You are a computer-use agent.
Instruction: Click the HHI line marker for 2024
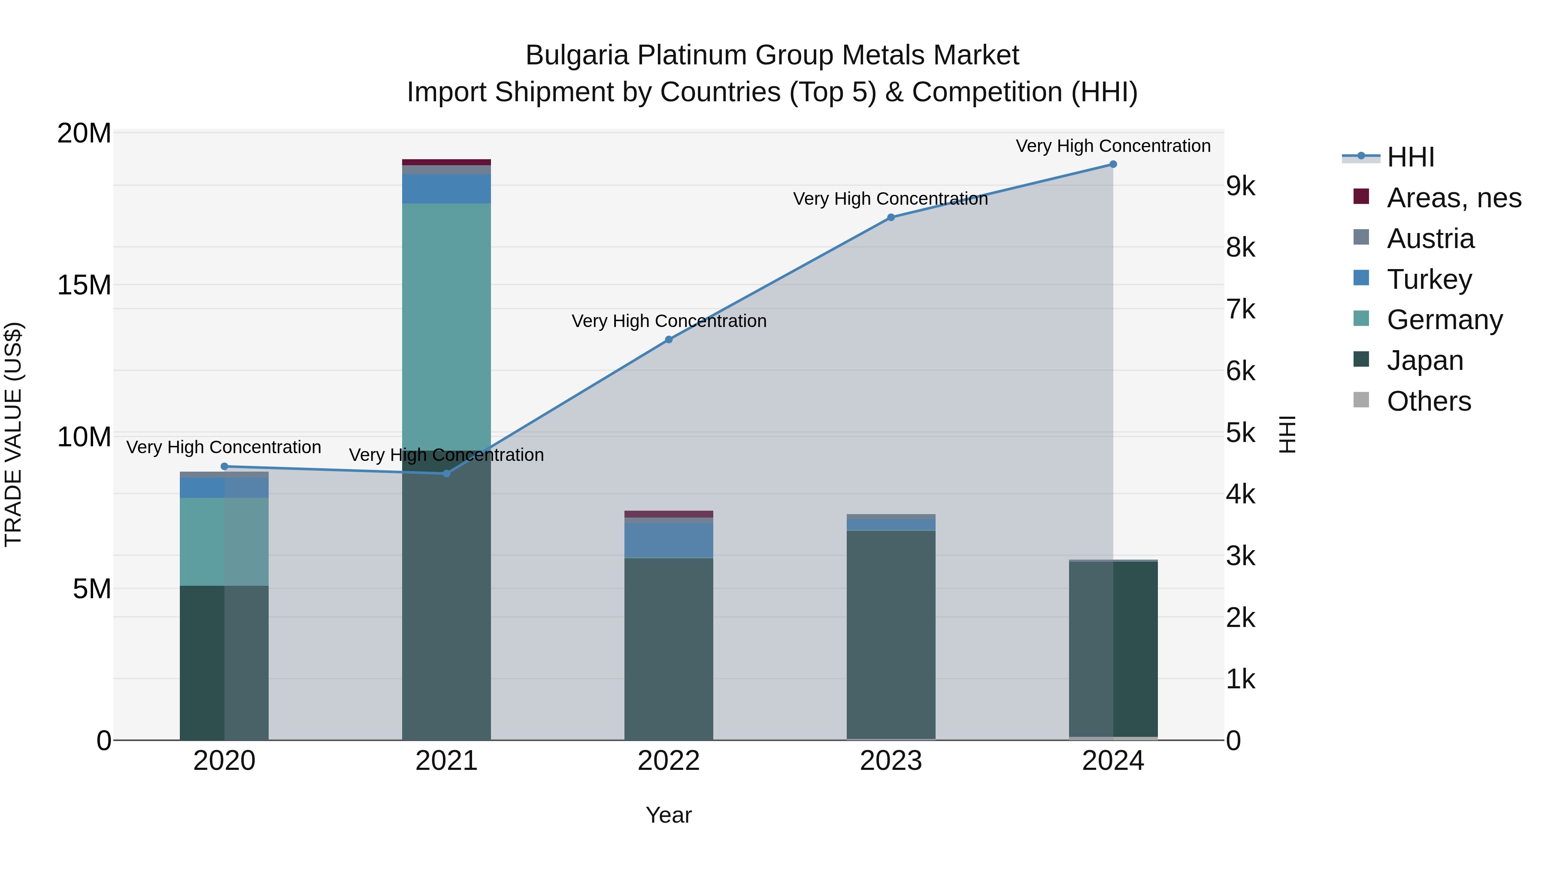pos(1113,164)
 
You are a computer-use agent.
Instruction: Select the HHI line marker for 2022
pos(669,339)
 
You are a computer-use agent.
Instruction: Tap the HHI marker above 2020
pos(224,466)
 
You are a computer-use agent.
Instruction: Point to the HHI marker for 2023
pos(891,217)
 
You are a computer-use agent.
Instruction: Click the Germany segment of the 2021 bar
pos(446,324)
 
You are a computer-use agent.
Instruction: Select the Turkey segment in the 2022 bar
pos(669,540)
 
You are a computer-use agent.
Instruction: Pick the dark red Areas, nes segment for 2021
pos(446,162)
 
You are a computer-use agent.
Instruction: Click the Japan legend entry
pos(1425,360)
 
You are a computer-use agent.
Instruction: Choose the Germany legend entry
pos(1444,320)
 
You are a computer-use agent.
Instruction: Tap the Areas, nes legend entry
pos(1454,198)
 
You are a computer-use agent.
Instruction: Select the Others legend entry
pos(1429,401)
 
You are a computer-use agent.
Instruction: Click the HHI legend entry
pos(1411,157)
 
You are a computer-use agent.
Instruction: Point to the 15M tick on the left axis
pos(84,285)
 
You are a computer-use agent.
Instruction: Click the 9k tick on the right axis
pos(1240,187)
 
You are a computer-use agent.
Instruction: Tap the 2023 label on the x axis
pos(891,761)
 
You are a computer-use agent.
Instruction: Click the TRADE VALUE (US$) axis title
pos(13,434)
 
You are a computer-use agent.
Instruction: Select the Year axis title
pos(669,815)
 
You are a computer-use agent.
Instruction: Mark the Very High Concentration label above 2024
pos(1113,146)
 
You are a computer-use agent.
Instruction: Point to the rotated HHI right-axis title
pos(1287,434)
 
